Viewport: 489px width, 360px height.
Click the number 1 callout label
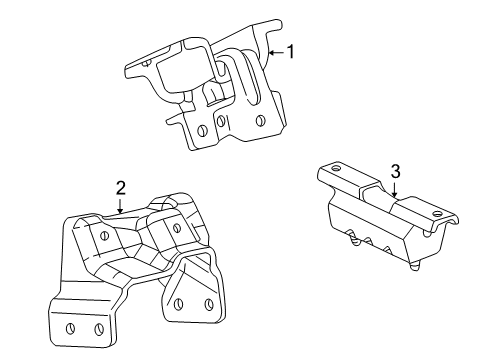coord(291,51)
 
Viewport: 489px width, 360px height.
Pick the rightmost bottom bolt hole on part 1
coord(260,120)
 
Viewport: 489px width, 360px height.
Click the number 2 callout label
coord(120,187)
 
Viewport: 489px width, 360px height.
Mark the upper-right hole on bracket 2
coord(177,227)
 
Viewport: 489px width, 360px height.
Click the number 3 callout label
coord(396,172)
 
